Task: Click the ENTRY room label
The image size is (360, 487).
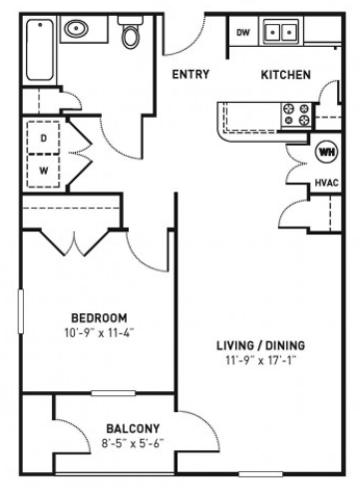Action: pyautogui.click(x=190, y=74)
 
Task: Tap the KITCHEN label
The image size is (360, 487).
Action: pyautogui.click(x=286, y=75)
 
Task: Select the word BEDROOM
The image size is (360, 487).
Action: pyautogui.click(x=99, y=318)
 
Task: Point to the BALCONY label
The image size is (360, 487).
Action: pyautogui.click(x=133, y=428)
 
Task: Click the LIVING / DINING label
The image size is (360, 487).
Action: pyautogui.click(x=260, y=345)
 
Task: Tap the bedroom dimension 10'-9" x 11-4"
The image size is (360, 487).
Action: pyautogui.click(x=100, y=332)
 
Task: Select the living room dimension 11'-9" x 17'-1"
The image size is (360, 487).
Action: pyautogui.click(x=260, y=360)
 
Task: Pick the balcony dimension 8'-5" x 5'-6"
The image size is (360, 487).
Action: pyautogui.click(x=133, y=443)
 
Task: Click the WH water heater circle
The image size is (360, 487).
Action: pyautogui.click(x=327, y=153)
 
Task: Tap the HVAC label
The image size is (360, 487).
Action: pyautogui.click(x=326, y=183)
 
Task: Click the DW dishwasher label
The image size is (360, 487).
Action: pyautogui.click(x=243, y=32)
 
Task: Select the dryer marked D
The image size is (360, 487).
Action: pyautogui.click(x=44, y=138)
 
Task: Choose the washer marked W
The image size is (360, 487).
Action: pyautogui.click(x=44, y=171)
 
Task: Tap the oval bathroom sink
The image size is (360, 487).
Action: pyautogui.click(x=76, y=29)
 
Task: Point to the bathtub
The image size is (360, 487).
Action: pyautogui.click(x=40, y=50)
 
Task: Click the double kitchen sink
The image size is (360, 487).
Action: pyautogui.click(x=281, y=32)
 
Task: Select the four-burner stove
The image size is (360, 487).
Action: pyautogui.click(x=296, y=115)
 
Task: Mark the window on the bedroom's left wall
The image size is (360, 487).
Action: pyautogui.click(x=21, y=311)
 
